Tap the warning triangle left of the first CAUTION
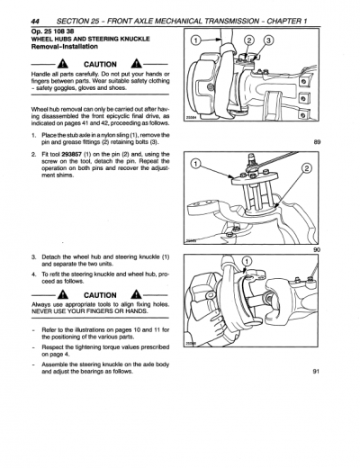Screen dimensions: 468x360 64,64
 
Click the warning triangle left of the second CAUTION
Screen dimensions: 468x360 64,293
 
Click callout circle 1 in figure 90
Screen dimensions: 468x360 196,163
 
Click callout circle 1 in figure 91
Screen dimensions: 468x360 247,262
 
